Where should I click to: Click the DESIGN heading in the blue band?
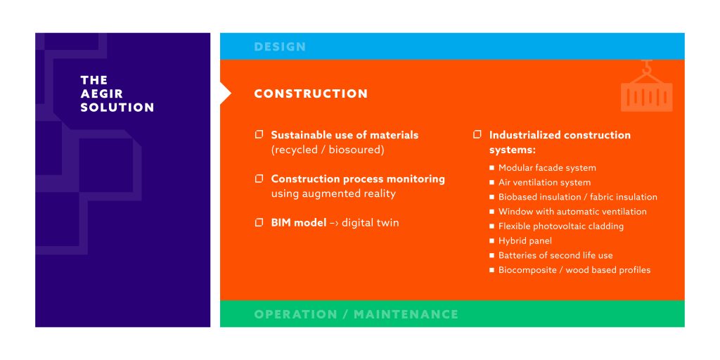click(280, 47)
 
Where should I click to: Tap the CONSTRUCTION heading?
click(311, 94)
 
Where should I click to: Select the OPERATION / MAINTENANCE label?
click(356, 314)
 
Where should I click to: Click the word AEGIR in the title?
click(101, 94)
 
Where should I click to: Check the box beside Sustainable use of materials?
click(259, 134)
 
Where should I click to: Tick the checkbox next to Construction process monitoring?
click(259, 178)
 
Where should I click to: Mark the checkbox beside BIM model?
click(259, 222)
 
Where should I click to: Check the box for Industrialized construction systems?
click(477, 134)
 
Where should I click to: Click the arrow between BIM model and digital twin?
click(334, 223)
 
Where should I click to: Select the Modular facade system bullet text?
click(547, 168)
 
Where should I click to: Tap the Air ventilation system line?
click(545, 183)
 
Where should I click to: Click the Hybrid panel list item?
click(525, 241)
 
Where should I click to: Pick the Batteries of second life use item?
click(555, 256)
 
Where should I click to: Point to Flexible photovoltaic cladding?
click(561, 226)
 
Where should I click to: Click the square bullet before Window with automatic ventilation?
click(491, 212)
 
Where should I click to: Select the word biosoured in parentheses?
click(356, 150)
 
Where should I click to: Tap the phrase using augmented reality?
click(333, 194)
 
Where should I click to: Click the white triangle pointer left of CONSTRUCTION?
click(225, 94)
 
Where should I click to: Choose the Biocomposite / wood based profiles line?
click(574, 271)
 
